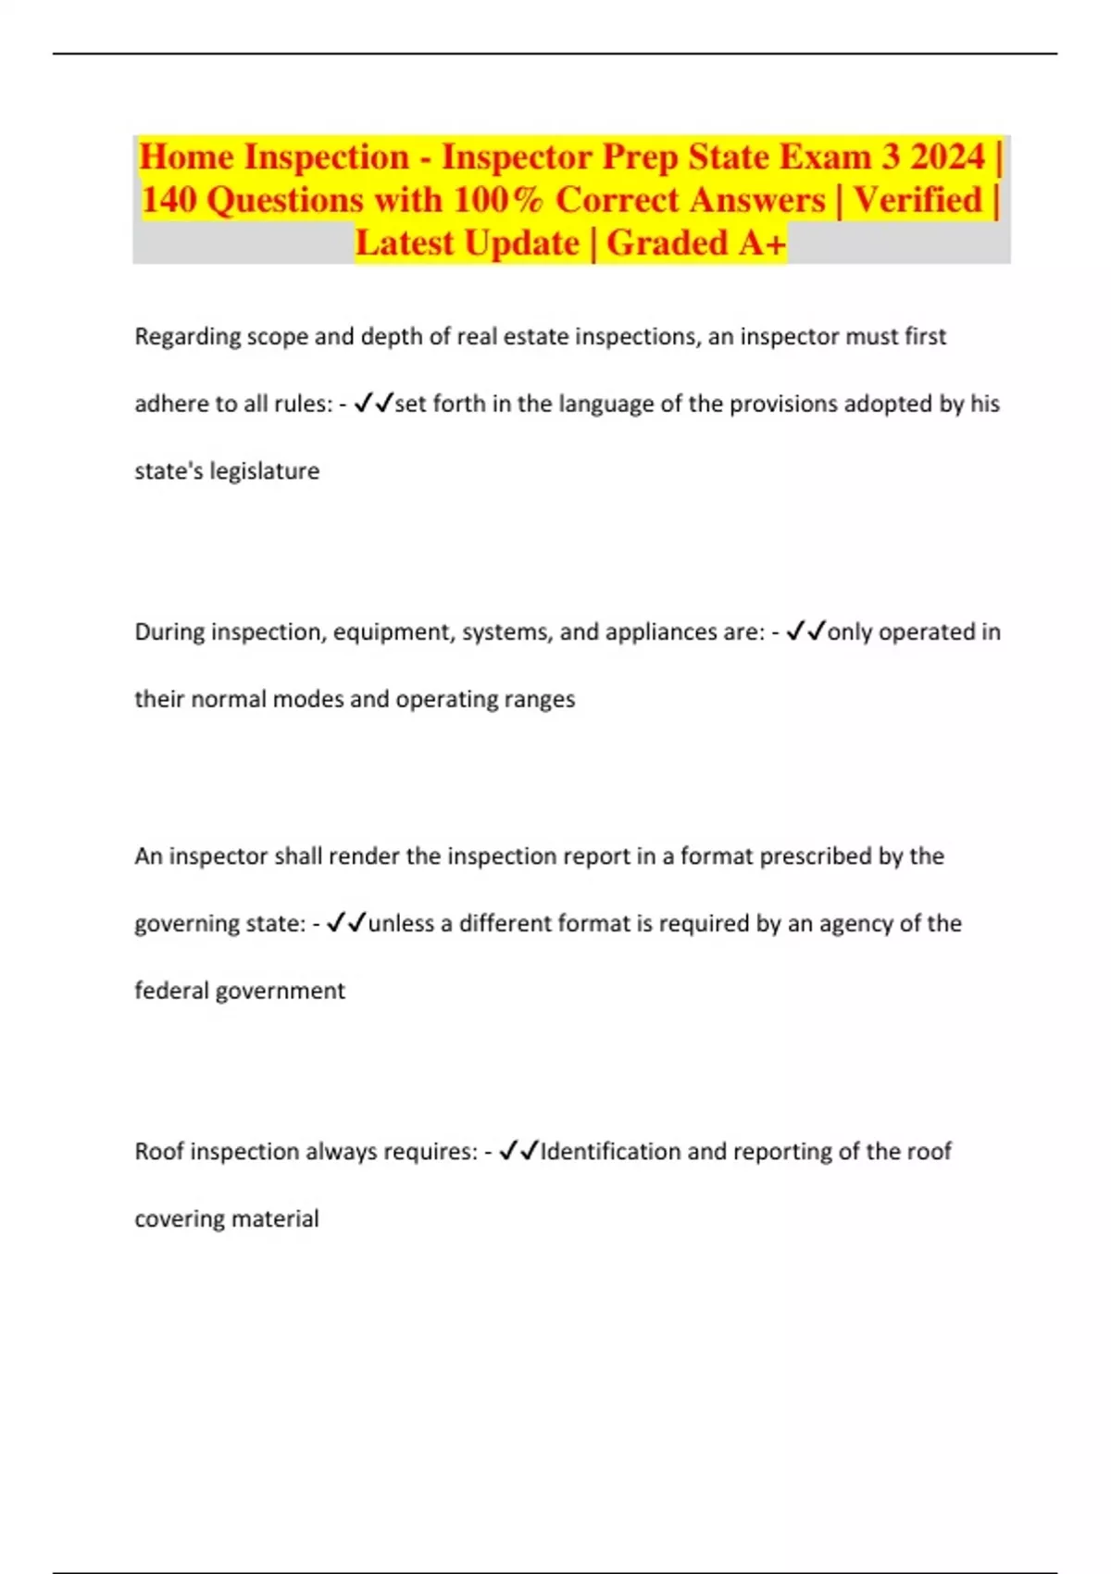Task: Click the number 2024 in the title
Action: [x=947, y=156]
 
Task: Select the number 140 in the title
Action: [x=169, y=200]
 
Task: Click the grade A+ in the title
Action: [x=762, y=244]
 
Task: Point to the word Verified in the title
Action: [x=918, y=200]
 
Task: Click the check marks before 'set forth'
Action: [x=374, y=404]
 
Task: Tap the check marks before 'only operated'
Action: [x=805, y=631]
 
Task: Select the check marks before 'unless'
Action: [x=347, y=923]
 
